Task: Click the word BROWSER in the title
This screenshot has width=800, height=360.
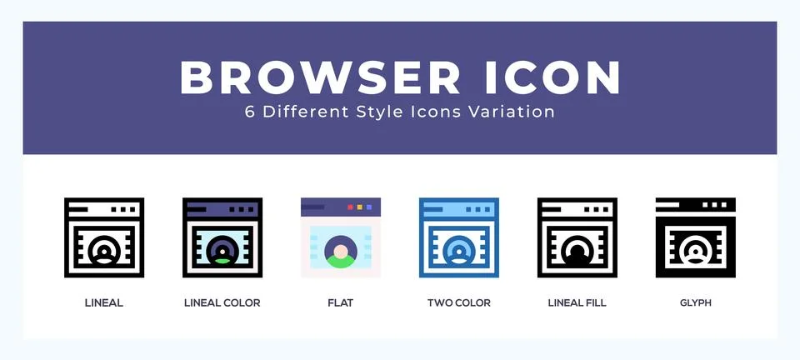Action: click(x=320, y=77)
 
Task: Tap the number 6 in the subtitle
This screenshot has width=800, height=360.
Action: click(x=249, y=112)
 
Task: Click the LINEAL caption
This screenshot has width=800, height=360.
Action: click(x=104, y=302)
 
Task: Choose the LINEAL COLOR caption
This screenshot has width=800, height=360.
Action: click(x=222, y=302)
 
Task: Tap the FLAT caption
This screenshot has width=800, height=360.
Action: click(x=340, y=302)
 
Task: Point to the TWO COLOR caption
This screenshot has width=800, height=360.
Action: click(x=459, y=302)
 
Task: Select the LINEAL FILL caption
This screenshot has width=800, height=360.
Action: click(x=577, y=302)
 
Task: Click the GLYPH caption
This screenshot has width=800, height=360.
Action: click(x=695, y=302)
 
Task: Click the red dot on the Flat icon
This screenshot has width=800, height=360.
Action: click(x=350, y=206)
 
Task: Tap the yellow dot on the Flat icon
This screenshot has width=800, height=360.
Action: click(x=360, y=206)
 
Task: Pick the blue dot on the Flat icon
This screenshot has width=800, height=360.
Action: click(x=370, y=206)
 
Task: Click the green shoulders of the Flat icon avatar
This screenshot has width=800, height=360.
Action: click(x=340, y=262)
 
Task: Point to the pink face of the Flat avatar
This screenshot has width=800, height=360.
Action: click(x=340, y=250)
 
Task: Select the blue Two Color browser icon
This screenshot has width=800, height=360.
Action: click(x=459, y=237)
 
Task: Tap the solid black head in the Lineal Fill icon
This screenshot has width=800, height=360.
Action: click(x=577, y=252)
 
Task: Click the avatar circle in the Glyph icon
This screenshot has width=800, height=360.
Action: click(x=695, y=250)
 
